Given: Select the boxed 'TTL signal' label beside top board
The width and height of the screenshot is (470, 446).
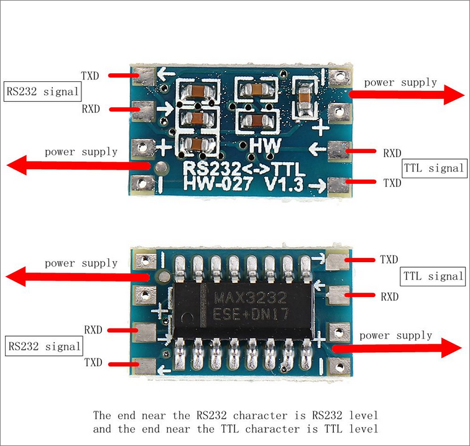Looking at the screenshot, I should coord(434,168).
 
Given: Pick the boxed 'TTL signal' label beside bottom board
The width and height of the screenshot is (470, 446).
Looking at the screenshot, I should coord(434,276).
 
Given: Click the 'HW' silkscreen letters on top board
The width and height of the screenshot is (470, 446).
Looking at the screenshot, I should coord(265,146).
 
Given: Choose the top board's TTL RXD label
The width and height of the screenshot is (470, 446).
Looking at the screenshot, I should coord(392,153).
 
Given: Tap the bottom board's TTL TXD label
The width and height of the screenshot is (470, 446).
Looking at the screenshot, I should coord(389,259).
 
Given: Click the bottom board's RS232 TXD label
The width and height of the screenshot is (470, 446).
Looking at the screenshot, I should coord(93,363).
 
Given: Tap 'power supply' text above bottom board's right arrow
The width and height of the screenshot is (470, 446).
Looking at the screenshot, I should coord(395,335).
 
